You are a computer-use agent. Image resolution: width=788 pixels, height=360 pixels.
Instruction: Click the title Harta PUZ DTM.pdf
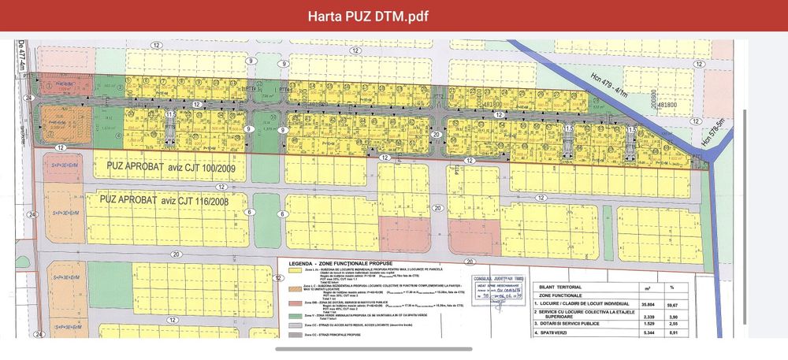point(393,17)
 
